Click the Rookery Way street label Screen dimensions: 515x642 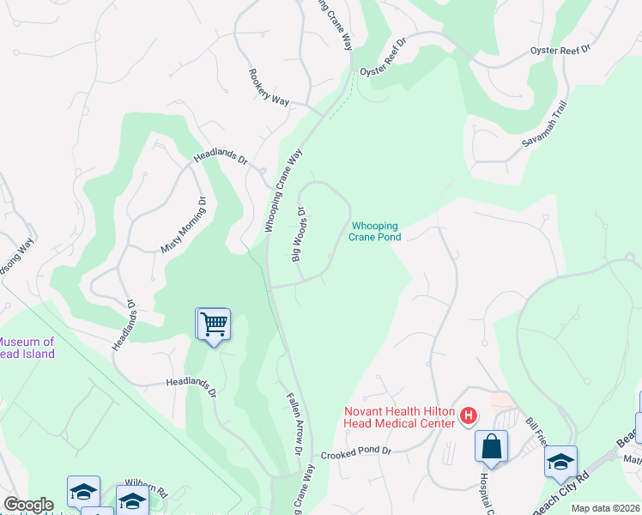269,88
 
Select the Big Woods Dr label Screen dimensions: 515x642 300,233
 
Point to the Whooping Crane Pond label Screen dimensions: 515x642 375,232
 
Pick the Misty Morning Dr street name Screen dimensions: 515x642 182,225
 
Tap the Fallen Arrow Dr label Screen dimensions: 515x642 294,424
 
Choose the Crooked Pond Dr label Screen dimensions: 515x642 355,451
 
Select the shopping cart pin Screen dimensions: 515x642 213,324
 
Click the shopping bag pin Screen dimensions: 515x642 492,446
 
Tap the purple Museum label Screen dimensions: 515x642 27,348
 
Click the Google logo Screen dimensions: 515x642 28,505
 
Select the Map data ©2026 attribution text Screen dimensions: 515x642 605,508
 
